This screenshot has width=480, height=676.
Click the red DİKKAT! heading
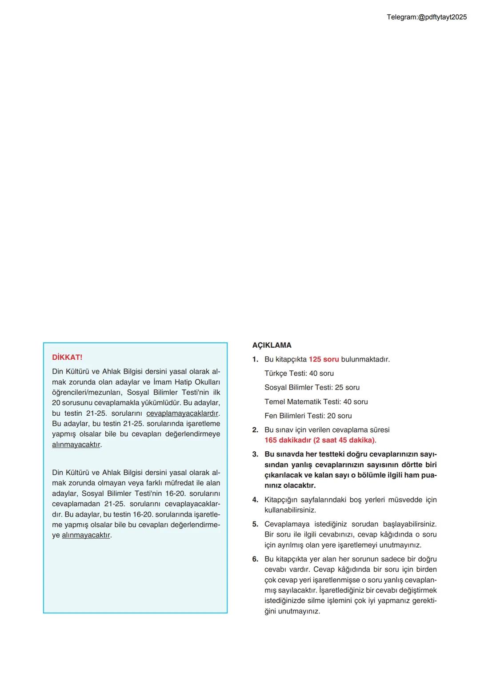coord(67,358)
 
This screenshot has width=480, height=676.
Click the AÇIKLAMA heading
coord(272,345)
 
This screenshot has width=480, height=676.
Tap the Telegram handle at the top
coord(426,17)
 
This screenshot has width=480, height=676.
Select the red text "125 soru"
coord(324,359)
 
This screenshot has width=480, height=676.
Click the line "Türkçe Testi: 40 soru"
coord(299,374)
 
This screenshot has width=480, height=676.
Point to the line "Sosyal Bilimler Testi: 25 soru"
coord(312,387)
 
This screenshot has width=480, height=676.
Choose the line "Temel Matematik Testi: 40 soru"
coord(316,402)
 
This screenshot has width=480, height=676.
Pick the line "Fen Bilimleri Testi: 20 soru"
coord(308,416)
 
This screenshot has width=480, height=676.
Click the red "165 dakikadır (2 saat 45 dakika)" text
coord(320,440)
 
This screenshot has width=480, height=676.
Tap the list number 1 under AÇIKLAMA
coord(255,359)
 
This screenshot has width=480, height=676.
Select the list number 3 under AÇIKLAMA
coord(255,454)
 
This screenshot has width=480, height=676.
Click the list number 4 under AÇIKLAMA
coord(255,500)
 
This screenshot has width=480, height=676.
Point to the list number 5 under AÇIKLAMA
coord(255,524)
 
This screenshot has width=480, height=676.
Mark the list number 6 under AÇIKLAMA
coord(255,559)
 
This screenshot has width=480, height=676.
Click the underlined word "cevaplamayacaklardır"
coord(182,413)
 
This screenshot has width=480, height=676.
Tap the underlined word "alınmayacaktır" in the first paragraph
coord(76,445)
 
